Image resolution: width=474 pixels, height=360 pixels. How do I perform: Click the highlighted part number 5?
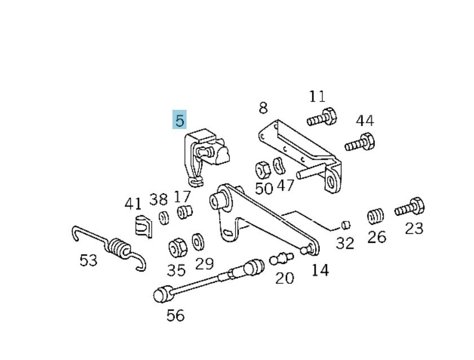point(179,120)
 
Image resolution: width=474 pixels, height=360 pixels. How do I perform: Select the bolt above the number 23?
point(409,208)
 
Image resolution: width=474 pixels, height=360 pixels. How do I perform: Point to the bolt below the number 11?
point(322,117)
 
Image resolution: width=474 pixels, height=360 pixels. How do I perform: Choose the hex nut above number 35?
point(176,247)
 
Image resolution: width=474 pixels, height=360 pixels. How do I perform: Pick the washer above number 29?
point(198,241)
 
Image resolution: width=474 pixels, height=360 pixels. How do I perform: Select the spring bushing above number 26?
point(375,216)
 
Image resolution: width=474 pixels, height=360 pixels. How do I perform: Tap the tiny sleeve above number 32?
point(346,225)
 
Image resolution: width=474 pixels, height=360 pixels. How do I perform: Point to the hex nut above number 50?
point(263,168)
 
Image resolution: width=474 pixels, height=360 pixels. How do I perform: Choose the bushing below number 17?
point(184,212)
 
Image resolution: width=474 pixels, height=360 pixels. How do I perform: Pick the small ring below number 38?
point(163,217)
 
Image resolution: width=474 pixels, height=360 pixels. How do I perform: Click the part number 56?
point(175,315)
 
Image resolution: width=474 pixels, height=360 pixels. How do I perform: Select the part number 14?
point(320,270)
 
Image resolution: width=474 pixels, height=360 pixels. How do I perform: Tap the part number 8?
point(263,108)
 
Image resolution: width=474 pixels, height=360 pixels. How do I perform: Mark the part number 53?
point(88,260)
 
